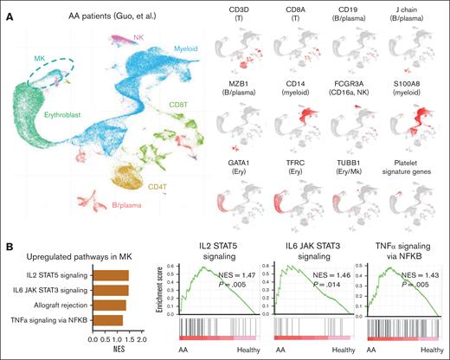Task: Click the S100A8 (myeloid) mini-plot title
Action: coord(415,87)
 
